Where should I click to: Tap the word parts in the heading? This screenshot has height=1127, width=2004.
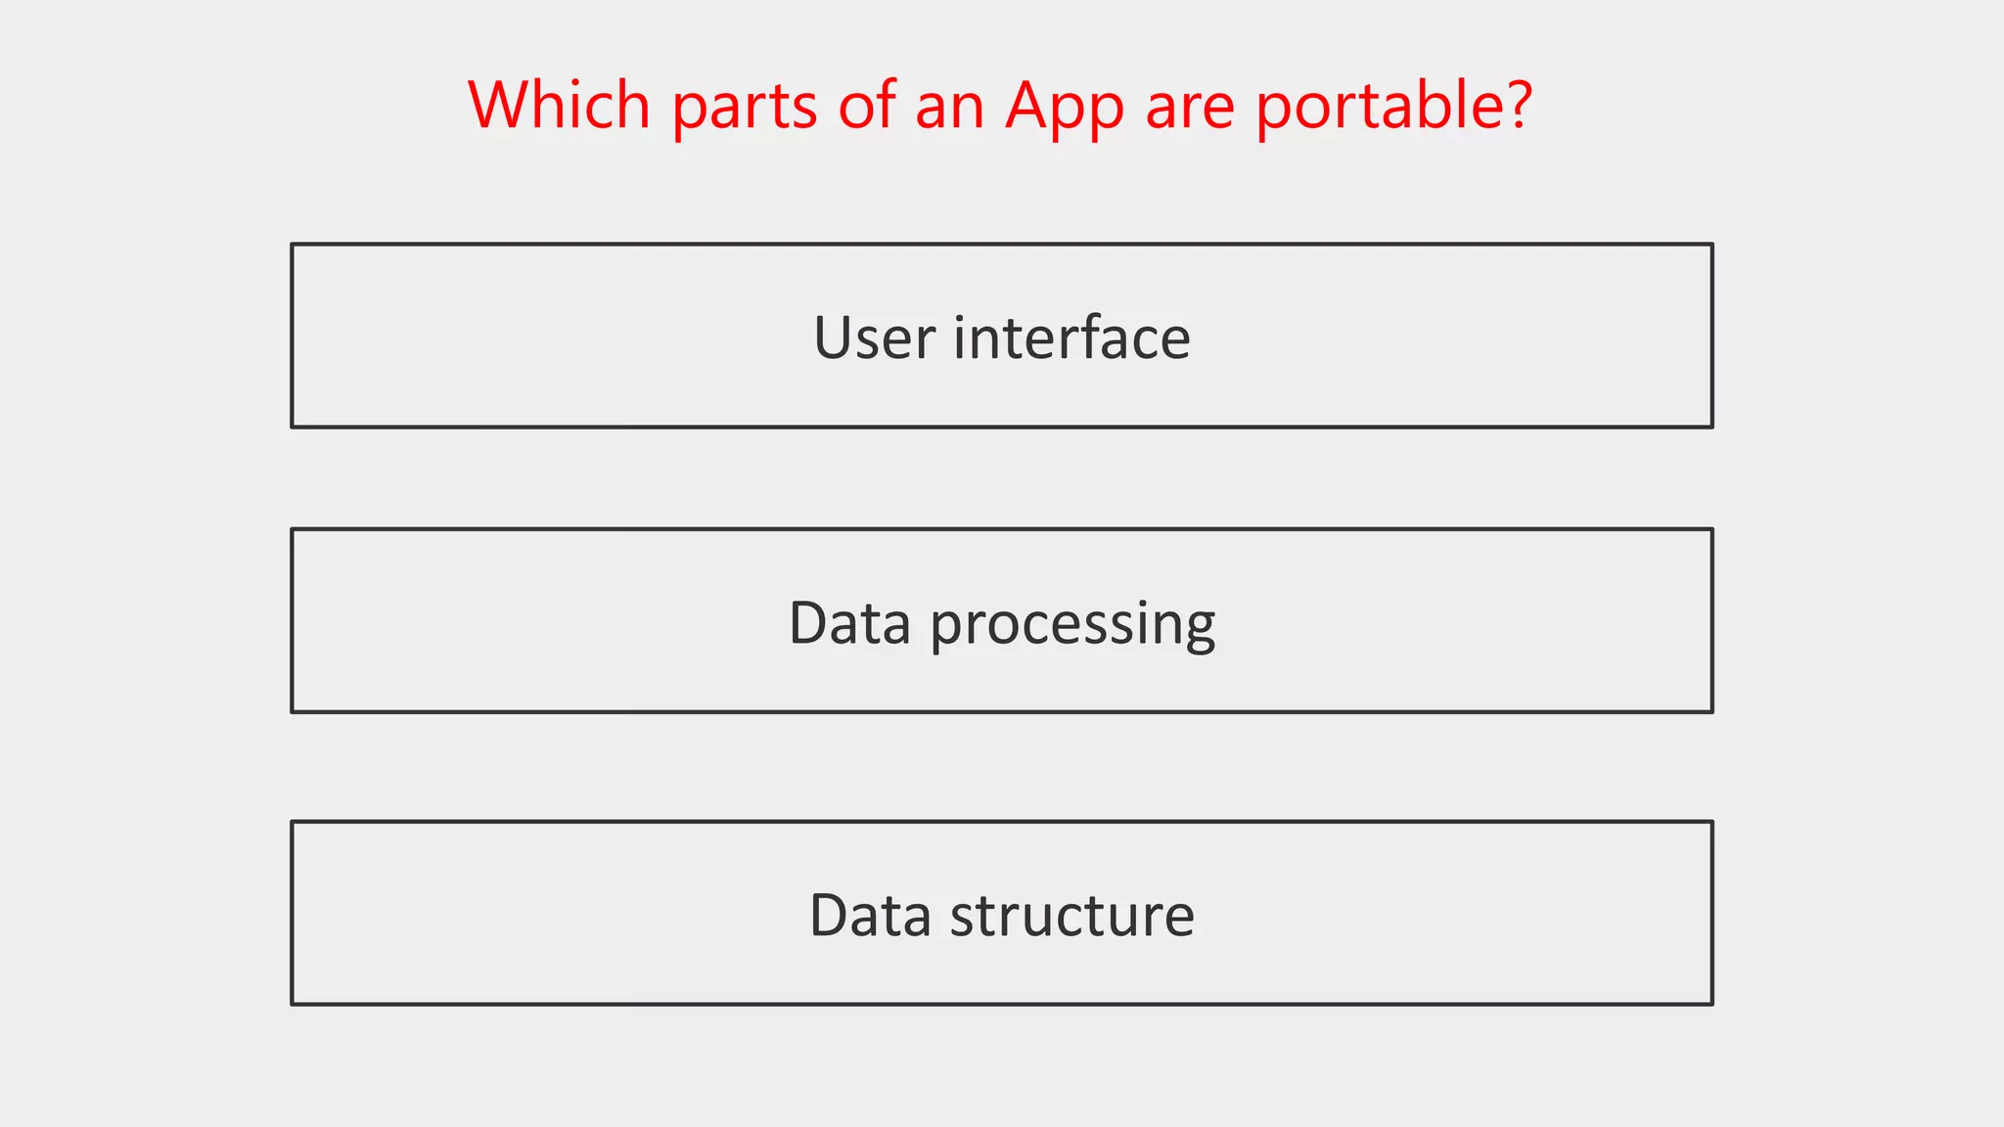click(x=744, y=106)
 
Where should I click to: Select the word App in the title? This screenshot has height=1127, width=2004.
click(x=1065, y=106)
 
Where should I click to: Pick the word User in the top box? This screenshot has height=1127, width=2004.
click(x=874, y=338)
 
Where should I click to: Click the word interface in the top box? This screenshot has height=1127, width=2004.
click(x=1071, y=338)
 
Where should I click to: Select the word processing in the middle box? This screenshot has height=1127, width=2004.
click(x=1072, y=624)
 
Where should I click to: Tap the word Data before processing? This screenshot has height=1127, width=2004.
click(x=849, y=623)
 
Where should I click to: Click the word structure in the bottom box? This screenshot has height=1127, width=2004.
click(x=1071, y=916)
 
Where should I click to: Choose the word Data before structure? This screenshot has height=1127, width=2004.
click(x=870, y=916)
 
